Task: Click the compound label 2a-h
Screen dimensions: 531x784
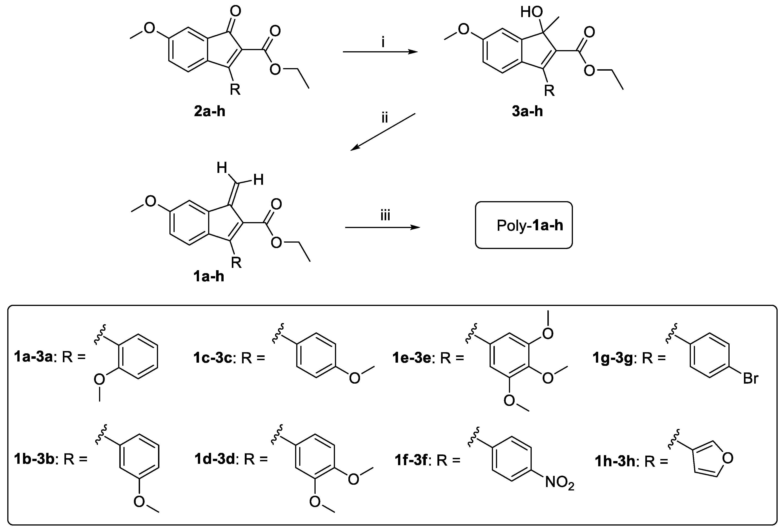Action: pos(209,111)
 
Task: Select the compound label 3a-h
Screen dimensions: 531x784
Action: pos(527,111)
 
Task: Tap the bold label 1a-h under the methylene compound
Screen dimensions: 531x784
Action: pos(209,277)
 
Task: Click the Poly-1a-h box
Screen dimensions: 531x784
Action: pos(524,225)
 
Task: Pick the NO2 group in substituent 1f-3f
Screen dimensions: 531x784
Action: pos(559,483)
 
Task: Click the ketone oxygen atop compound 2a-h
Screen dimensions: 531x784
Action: pos(235,11)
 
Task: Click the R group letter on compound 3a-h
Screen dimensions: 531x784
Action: pos(549,90)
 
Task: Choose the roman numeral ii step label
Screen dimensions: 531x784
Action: pos(385,118)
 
